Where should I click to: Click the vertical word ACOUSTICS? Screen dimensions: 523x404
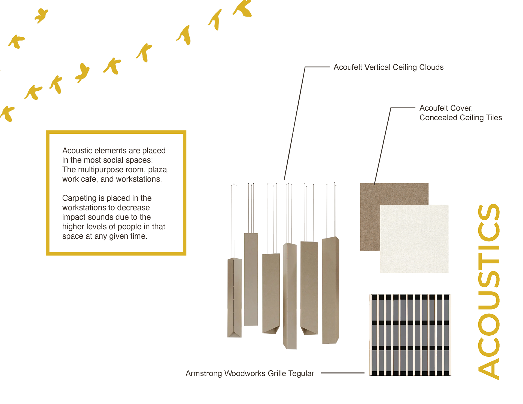point(489,292)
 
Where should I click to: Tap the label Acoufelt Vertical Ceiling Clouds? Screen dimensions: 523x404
point(388,67)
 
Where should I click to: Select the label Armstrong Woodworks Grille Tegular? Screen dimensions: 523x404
point(250,374)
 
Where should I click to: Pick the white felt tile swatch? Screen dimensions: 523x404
point(414,239)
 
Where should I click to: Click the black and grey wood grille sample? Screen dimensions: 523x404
point(410,335)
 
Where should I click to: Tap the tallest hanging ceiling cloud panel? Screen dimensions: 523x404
point(290,296)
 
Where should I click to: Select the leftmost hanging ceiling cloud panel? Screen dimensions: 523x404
point(234,298)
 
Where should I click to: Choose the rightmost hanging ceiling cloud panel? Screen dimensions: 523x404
point(330,290)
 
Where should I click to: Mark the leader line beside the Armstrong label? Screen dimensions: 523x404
point(343,373)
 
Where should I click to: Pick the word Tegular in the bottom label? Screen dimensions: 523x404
point(301,374)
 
